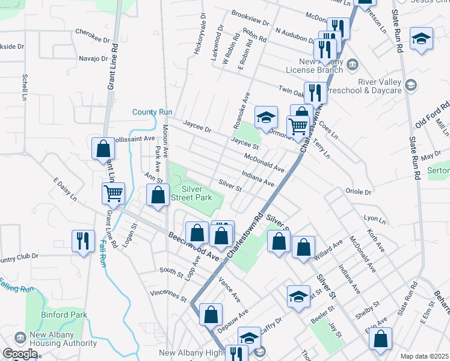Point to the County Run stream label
[152, 112]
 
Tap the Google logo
[20, 354]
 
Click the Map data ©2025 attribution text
[424, 356]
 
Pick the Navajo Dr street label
[93, 59]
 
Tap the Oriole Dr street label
[359, 191]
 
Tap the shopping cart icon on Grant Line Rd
[113, 193]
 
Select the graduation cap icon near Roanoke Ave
[266, 117]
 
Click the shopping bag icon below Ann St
[158, 195]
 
